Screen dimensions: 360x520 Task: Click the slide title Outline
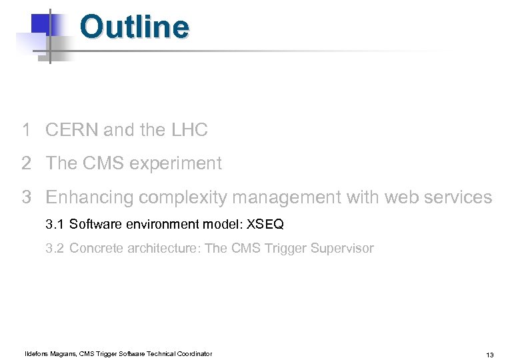coord(134,28)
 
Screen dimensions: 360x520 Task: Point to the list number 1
coord(26,130)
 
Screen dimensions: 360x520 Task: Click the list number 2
coord(26,163)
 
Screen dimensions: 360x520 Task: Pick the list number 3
coord(26,197)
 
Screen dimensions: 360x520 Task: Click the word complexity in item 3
coord(172,198)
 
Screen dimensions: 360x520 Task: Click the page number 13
coord(490,355)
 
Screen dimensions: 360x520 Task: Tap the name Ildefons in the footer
coord(37,354)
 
